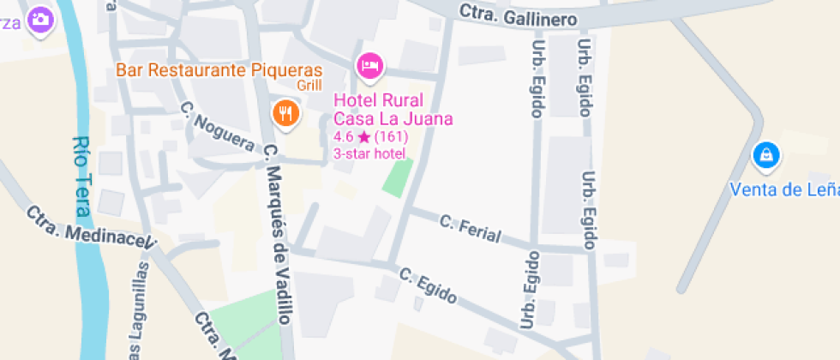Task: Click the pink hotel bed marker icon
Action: [370, 65]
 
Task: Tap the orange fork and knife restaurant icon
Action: [285, 112]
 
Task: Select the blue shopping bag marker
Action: [765, 156]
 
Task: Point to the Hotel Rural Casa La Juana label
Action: [393, 110]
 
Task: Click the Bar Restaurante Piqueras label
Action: [219, 70]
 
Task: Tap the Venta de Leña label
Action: [784, 189]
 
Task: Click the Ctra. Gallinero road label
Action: [518, 15]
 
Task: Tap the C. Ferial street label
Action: [470, 229]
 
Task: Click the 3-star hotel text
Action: [369, 153]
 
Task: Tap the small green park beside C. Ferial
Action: [397, 177]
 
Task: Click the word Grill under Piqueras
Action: [309, 86]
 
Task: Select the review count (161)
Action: [391, 137]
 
